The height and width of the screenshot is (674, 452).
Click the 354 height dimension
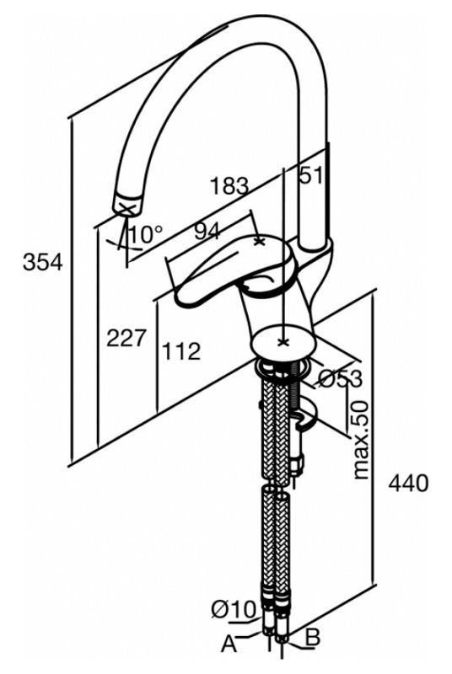click(43, 262)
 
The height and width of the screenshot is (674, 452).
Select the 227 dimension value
click(126, 338)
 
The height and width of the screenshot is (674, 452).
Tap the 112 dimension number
click(181, 351)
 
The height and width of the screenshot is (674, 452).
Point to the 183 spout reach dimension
click(229, 185)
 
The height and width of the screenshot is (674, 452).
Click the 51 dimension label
click(310, 175)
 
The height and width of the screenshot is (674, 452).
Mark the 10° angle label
click(146, 234)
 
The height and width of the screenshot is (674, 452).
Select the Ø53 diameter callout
click(340, 378)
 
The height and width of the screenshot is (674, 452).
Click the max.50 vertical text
click(360, 440)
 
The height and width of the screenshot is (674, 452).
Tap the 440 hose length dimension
click(408, 483)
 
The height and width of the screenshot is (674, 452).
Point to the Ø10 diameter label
click(234, 608)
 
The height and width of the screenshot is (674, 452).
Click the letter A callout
click(229, 645)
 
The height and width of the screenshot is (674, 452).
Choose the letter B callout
click(313, 638)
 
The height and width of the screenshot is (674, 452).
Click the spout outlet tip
click(127, 205)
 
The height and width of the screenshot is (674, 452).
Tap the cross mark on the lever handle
click(259, 242)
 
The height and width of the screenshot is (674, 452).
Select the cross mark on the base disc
click(282, 342)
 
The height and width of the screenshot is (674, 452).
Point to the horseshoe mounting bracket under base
click(306, 413)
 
